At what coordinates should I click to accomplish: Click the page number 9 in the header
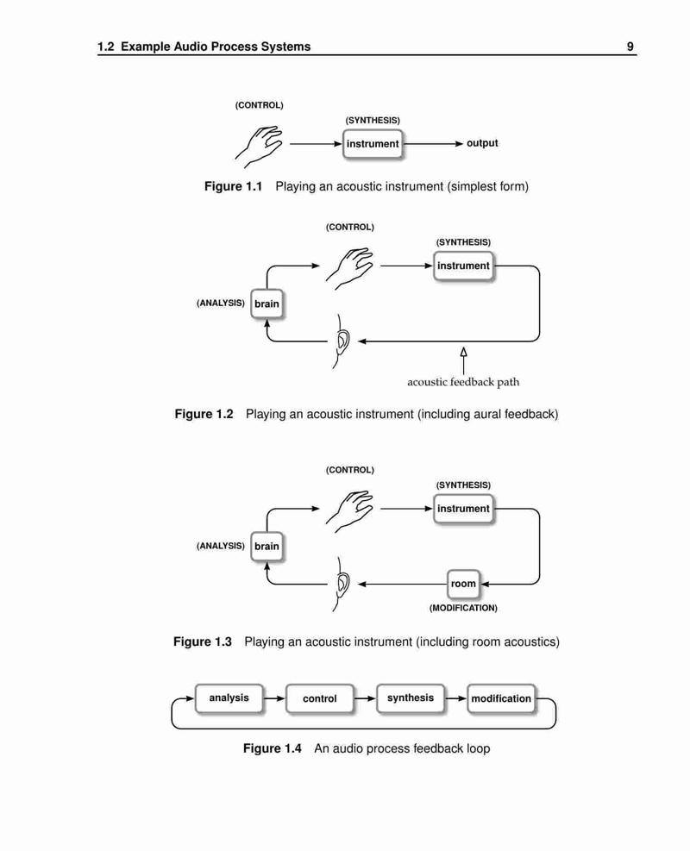tap(630, 47)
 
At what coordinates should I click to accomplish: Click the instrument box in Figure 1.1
tap(373, 144)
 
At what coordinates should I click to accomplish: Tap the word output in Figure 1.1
tap(482, 143)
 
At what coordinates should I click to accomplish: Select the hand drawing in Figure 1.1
tap(259, 147)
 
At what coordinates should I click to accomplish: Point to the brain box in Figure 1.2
tap(267, 303)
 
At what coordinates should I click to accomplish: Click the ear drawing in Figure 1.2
tap(341, 341)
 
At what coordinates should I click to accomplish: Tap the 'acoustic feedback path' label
tap(463, 382)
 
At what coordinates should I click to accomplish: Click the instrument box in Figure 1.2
tap(464, 266)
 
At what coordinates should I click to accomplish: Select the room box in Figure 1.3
tap(463, 584)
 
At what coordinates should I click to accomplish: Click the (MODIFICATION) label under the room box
tap(463, 608)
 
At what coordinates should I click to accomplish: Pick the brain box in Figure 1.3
tap(267, 547)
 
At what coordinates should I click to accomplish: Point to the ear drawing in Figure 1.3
tap(341, 584)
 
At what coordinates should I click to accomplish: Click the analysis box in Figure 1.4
tap(229, 698)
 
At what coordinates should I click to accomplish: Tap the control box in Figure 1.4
tap(320, 698)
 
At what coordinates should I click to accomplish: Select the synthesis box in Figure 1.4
tap(411, 698)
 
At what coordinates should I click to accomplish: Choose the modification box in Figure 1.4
tap(501, 698)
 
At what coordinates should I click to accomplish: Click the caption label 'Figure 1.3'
tap(203, 641)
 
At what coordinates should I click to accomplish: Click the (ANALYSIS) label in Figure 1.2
tap(221, 303)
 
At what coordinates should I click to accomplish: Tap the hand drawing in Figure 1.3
tap(349, 511)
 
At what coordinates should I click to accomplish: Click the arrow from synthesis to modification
tap(456, 698)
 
